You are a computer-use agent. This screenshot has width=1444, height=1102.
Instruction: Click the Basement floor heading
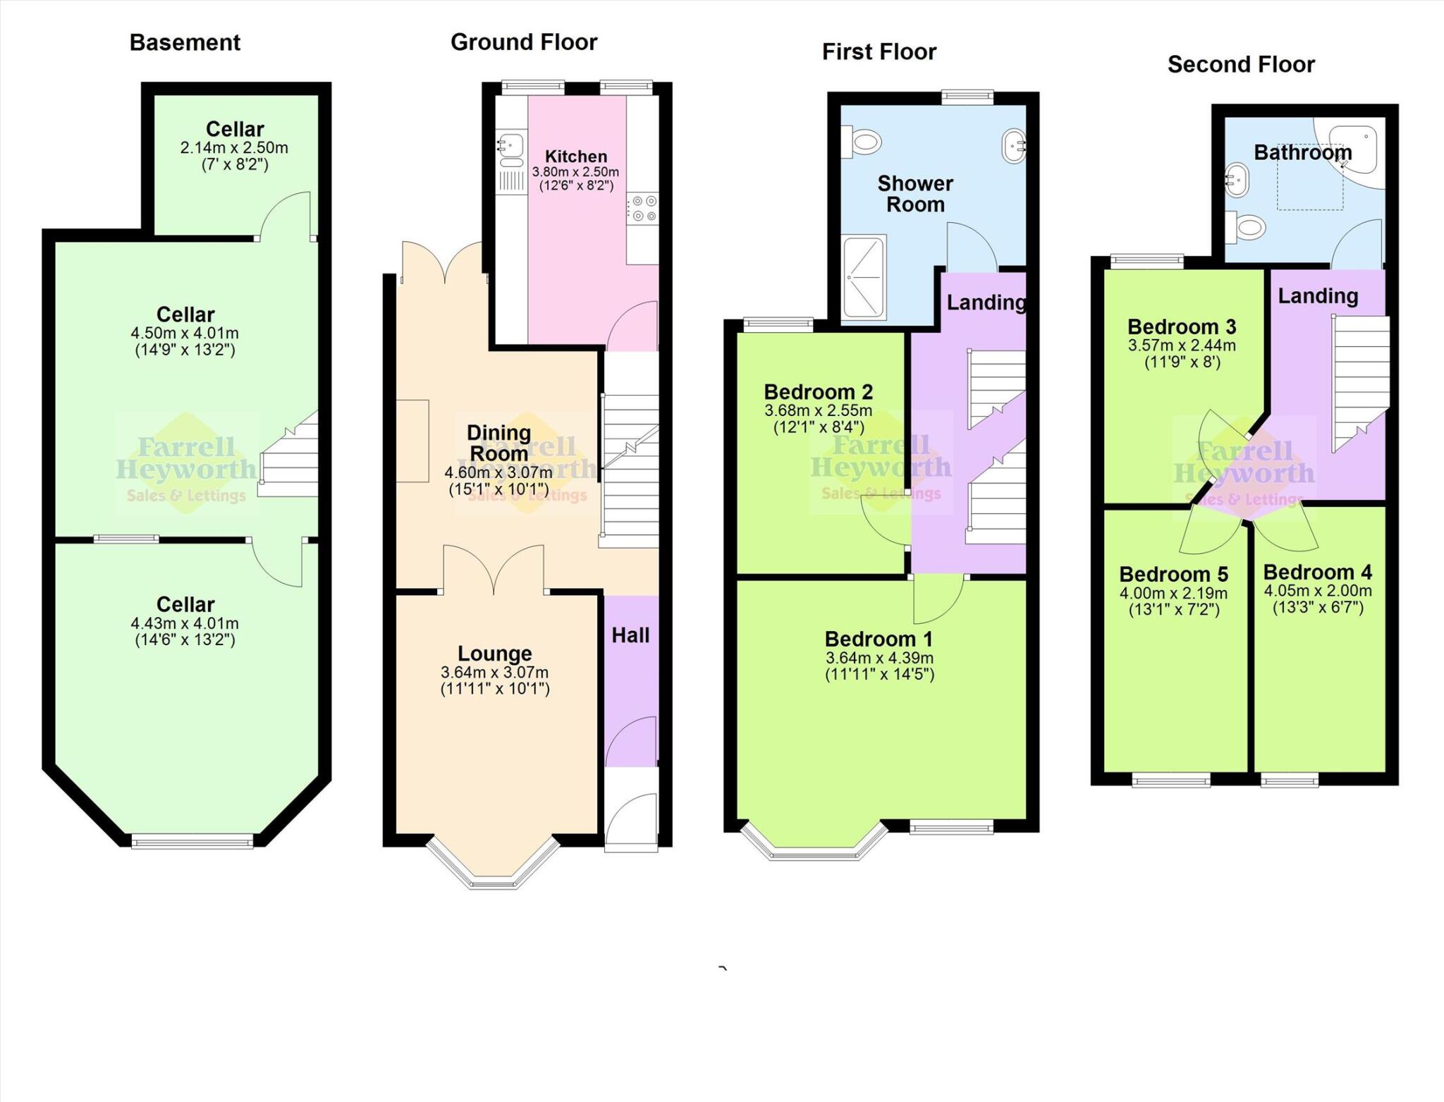click(x=185, y=42)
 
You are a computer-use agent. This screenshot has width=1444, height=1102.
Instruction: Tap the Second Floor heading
click(x=1241, y=64)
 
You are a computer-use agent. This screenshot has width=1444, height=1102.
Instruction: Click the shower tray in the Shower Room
click(x=864, y=277)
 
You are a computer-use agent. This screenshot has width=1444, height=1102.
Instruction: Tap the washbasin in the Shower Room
click(x=1014, y=147)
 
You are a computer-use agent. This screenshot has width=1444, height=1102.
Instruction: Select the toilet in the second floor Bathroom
click(x=1246, y=227)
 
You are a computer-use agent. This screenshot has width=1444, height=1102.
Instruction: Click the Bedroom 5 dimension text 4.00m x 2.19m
click(x=1173, y=593)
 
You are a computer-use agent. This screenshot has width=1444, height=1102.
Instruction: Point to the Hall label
click(x=630, y=635)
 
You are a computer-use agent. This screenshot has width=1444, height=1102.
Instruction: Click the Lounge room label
click(x=494, y=653)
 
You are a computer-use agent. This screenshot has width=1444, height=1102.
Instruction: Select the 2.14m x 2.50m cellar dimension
click(x=234, y=148)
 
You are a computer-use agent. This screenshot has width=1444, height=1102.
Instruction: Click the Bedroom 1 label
click(x=879, y=639)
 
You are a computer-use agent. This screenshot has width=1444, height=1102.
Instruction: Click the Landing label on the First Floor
click(x=986, y=302)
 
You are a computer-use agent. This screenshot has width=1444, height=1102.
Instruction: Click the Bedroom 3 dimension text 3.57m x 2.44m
click(x=1182, y=345)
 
